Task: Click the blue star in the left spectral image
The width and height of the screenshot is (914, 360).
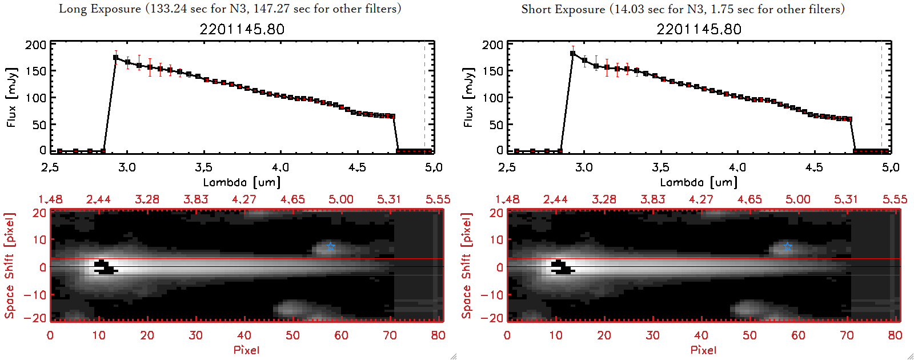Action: pyautogui.click(x=330, y=246)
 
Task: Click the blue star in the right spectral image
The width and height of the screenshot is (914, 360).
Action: pyautogui.click(x=788, y=246)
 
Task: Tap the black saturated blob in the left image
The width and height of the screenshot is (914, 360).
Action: pyautogui.click(x=105, y=267)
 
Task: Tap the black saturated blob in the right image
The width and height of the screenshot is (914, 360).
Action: pyautogui.click(x=562, y=267)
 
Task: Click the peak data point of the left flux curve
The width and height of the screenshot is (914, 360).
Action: pyautogui.click(x=116, y=57)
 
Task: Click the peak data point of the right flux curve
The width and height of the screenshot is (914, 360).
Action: pyautogui.click(x=572, y=54)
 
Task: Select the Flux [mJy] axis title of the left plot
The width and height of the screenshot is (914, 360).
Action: pyautogui.click(x=12, y=97)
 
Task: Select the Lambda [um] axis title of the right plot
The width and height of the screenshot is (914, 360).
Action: pyautogui.click(x=699, y=182)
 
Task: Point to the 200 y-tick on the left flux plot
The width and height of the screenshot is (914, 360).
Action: pyautogui.click(x=35, y=45)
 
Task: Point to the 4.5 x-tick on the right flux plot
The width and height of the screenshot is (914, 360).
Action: pyautogui.click(x=814, y=167)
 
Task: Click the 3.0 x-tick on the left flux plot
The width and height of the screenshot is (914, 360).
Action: pyautogui.click(x=127, y=167)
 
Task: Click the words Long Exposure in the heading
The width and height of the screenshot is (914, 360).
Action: pyautogui.click(x=100, y=9)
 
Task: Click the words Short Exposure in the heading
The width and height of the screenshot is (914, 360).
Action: pyautogui.click(x=563, y=9)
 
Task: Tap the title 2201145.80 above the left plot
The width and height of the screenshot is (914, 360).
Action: pyautogui.click(x=242, y=29)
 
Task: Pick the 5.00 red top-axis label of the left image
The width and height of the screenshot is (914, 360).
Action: pyautogui.click(x=340, y=199)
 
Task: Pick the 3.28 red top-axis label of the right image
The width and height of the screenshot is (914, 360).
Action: pyautogui.click(x=604, y=199)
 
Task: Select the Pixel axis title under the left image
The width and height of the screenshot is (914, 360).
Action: pyautogui.click(x=246, y=350)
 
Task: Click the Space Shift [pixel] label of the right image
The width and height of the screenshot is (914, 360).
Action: pyautogui.click(x=467, y=266)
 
